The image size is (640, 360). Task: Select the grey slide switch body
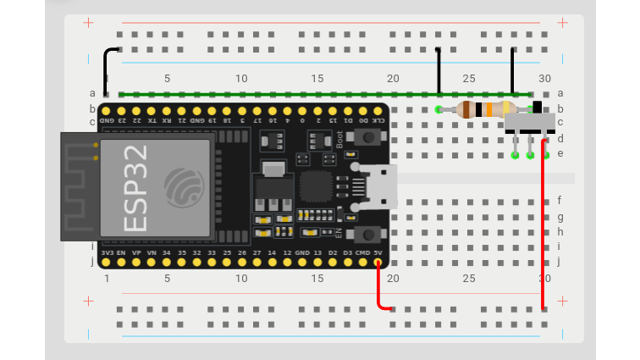pos(530,123)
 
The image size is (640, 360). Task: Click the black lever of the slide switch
pos(537,107)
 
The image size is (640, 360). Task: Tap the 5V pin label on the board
pos(378,252)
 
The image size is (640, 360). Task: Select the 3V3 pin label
pos(108,252)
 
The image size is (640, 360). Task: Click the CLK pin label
pos(378,120)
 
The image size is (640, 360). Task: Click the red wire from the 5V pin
pos(380,292)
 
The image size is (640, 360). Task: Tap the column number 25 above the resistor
pos(469,79)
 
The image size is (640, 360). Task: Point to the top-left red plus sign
pos(88,22)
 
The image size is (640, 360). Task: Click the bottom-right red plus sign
pos(562,302)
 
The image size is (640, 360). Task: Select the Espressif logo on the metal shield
pos(183,187)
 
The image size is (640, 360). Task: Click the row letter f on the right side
pos(560,201)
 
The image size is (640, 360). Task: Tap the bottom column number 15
pos(317,278)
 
